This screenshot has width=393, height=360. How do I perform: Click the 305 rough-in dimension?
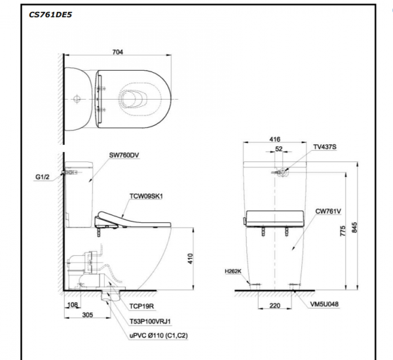pyautogui.click(x=88, y=315)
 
